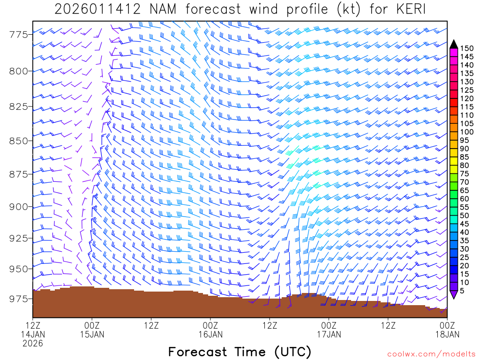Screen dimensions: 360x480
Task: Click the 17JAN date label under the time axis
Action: pos(329,334)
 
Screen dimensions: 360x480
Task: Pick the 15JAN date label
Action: pos(92,334)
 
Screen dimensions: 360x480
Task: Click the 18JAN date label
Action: pos(447,334)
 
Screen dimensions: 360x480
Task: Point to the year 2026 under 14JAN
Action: pos(33,344)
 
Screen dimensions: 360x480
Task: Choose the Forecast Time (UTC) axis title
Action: pos(240,352)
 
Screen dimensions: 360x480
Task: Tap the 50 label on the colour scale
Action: pos(464,215)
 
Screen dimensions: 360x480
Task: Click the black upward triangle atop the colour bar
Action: pos(454,44)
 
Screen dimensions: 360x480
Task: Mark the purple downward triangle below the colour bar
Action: pos(454,294)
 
